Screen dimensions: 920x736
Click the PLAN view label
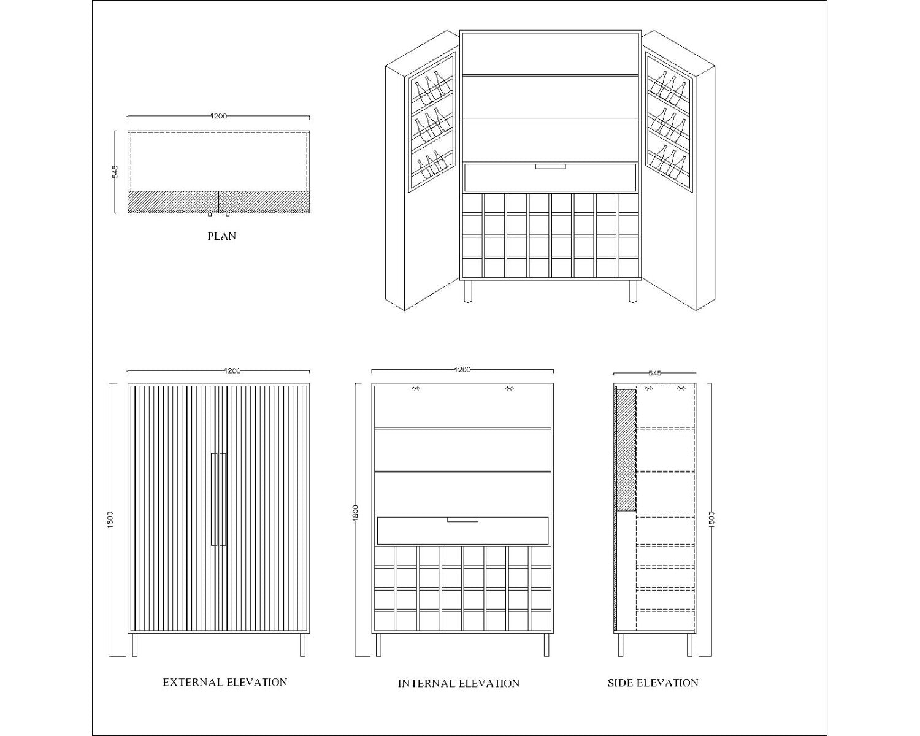click(221, 236)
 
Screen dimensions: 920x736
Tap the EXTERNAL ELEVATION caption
click(225, 682)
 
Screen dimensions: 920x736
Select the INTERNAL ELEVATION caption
click(459, 683)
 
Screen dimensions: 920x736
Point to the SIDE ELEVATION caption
click(653, 683)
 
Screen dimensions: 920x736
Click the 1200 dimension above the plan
click(218, 116)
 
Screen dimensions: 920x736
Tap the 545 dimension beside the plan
click(115, 172)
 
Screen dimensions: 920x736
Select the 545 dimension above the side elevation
click(654, 373)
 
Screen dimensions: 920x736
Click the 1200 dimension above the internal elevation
click(462, 369)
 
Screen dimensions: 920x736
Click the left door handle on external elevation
click(214, 499)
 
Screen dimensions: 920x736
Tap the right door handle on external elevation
click(223, 499)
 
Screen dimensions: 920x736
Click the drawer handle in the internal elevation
click(462, 519)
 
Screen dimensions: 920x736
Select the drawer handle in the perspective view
click(551, 166)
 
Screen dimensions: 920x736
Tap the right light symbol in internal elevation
click(508, 388)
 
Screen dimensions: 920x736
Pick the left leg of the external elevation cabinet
click(135, 645)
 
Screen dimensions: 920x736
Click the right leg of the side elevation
click(689, 645)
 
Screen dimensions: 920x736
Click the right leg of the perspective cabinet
click(633, 291)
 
